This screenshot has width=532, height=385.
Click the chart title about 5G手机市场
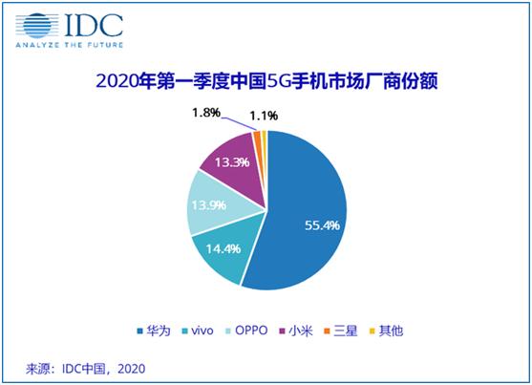[x=266, y=80]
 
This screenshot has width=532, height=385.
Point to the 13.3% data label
[x=229, y=162]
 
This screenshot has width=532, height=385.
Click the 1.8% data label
[x=205, y=114]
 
